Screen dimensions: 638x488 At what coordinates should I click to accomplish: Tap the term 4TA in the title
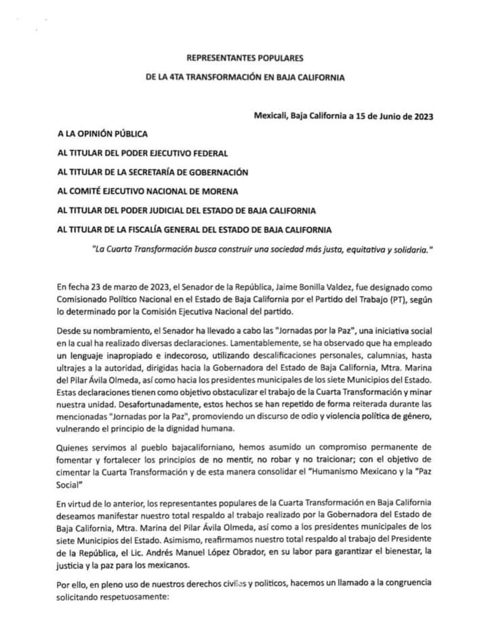point(178,78)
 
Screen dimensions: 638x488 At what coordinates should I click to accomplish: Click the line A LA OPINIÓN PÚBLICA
point(102,134)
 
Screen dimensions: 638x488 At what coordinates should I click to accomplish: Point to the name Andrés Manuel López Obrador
point(187,554)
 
